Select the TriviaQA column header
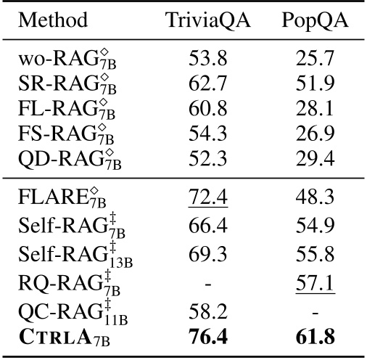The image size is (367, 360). click(x=208, y=19)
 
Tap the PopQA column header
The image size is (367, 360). click(x=313, y=19)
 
